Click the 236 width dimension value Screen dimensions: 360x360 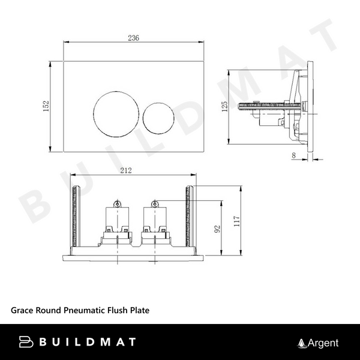point(133,37)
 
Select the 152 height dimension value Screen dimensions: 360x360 point(46,106)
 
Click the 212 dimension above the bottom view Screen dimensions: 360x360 point(126,171)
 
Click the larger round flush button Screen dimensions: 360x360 point(115,112)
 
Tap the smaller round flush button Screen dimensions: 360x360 point(159,115)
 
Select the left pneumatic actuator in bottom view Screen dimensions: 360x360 point(116,222)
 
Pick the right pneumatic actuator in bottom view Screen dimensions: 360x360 point(155,222)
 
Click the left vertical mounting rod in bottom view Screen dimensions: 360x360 point(75,216)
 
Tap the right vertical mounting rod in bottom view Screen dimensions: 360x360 point(191,216)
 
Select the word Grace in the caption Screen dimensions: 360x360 point(23,310)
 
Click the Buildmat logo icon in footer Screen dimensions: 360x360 point(27,343)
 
